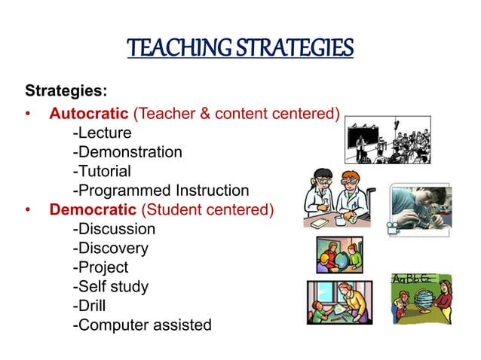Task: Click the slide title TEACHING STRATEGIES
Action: click(240, 49)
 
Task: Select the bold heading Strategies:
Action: click(66, 92)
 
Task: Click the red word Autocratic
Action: click(89, 114)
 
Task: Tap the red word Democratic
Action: click(93, 209)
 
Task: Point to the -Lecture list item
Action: click(102, 133)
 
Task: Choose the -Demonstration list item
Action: click(127, 152)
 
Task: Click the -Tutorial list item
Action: click(102, 172)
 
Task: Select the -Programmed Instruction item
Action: click(160, 191)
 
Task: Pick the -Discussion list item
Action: click(114, 229)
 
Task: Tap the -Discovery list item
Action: click(110, 248)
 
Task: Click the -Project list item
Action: click(100, 267)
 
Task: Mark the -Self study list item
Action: click(110, 286)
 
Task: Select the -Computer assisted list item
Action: click(142, 325)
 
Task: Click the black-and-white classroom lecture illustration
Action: click(388, 140)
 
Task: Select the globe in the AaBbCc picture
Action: click(407, 300)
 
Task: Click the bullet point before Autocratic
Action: click(29, 115)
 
